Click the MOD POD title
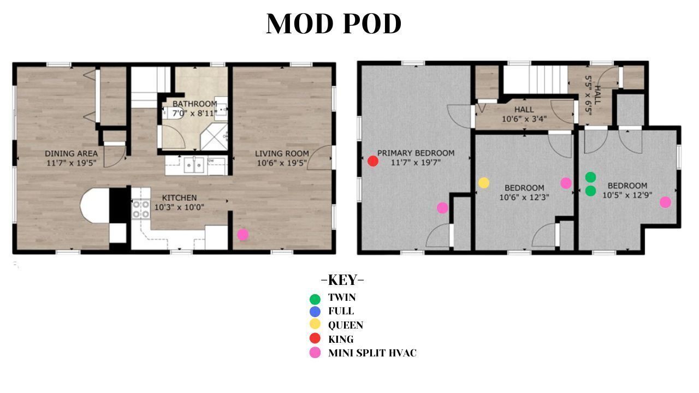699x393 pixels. tap(334, 23)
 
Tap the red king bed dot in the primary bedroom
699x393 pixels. tap(373, 161)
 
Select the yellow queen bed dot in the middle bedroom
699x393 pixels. tap(484, 183)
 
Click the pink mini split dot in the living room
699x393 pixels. tap(243, 235)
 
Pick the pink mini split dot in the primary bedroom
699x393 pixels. tap(442, 208)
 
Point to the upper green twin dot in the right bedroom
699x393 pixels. tap(590, 177)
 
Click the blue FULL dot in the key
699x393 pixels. tap(315, 312)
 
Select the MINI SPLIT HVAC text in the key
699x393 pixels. tap(372, 353)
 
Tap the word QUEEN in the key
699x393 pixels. tap(346, 325)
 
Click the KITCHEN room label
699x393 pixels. tap(180, 198)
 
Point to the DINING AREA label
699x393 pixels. tap(71, 153)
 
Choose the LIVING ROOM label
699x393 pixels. tap(282, 153)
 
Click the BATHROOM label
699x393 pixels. tap(195, 104)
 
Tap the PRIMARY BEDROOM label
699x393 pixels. tap(416, 153)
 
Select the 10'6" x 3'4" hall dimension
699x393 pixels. tap(524, 119)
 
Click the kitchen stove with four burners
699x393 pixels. tap(141, 209)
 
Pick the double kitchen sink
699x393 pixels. tap(194, 165)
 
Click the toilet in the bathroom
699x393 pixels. tap(173, 112)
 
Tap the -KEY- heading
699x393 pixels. tap(342, 280)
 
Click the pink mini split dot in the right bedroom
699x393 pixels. tap(665, 202)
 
